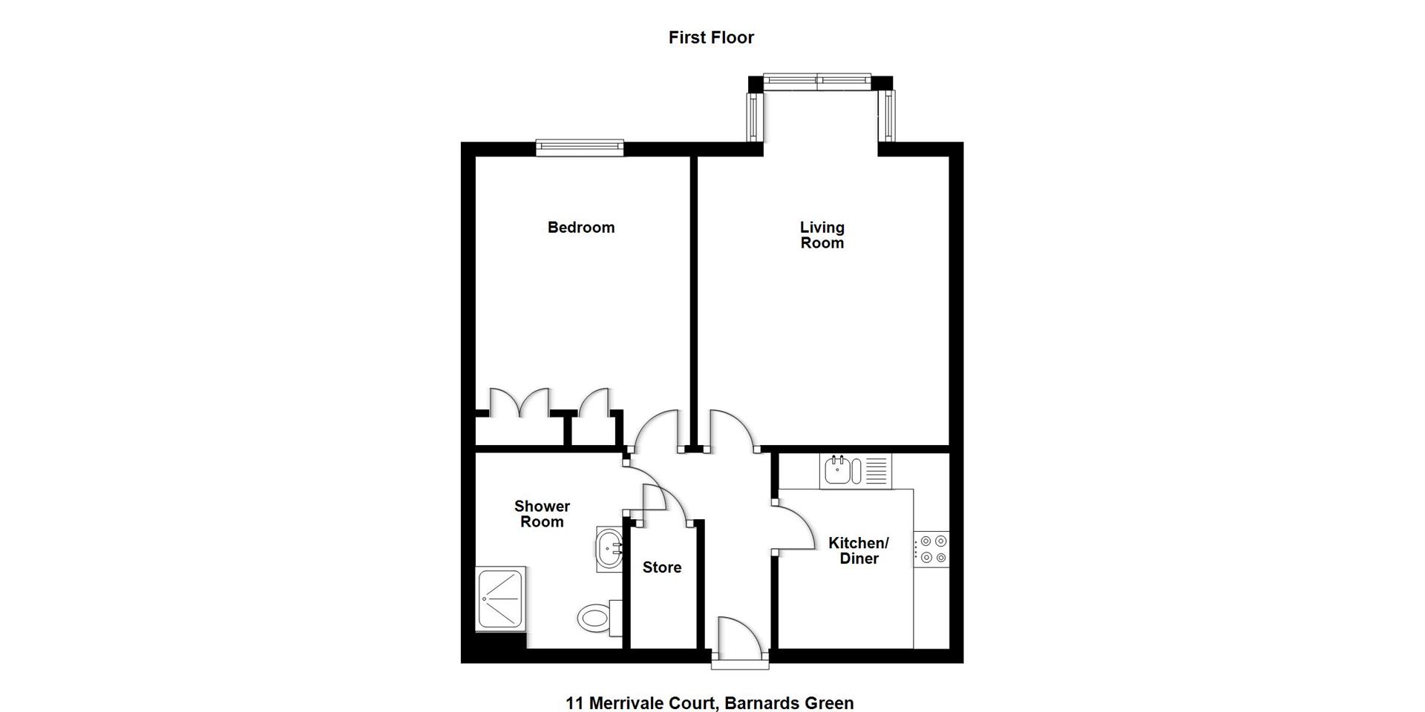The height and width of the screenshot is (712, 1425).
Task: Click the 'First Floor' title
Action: tap(711, 38)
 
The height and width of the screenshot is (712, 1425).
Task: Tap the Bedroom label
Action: tap(581, 228)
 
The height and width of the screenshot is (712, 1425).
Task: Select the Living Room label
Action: tap(822, 235)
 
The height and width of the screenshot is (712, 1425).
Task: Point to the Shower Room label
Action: tap(542, 514)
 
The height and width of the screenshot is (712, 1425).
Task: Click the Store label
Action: tap(662, 567)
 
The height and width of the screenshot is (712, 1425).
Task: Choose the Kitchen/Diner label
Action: tap(859, 551)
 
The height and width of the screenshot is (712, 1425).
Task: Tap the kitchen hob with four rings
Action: tap(931, 550)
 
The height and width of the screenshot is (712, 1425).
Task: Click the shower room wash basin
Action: tap(609, 550)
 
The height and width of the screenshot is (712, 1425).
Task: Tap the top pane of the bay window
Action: tap(816, 82)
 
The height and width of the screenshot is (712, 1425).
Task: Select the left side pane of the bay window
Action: tap(754, 117)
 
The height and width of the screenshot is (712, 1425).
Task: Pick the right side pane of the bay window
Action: tap(887, 116)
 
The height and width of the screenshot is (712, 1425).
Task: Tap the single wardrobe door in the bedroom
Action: tap(594, 405)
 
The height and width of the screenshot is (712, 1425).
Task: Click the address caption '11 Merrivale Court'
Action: tap(710, 703)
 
